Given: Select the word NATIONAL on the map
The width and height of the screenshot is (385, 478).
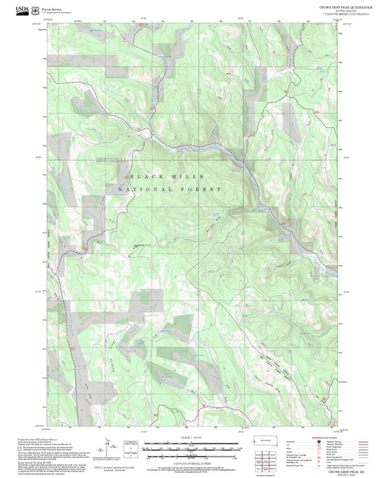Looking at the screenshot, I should click(145, 189).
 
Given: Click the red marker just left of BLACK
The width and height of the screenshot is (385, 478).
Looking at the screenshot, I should click(129, 176).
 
